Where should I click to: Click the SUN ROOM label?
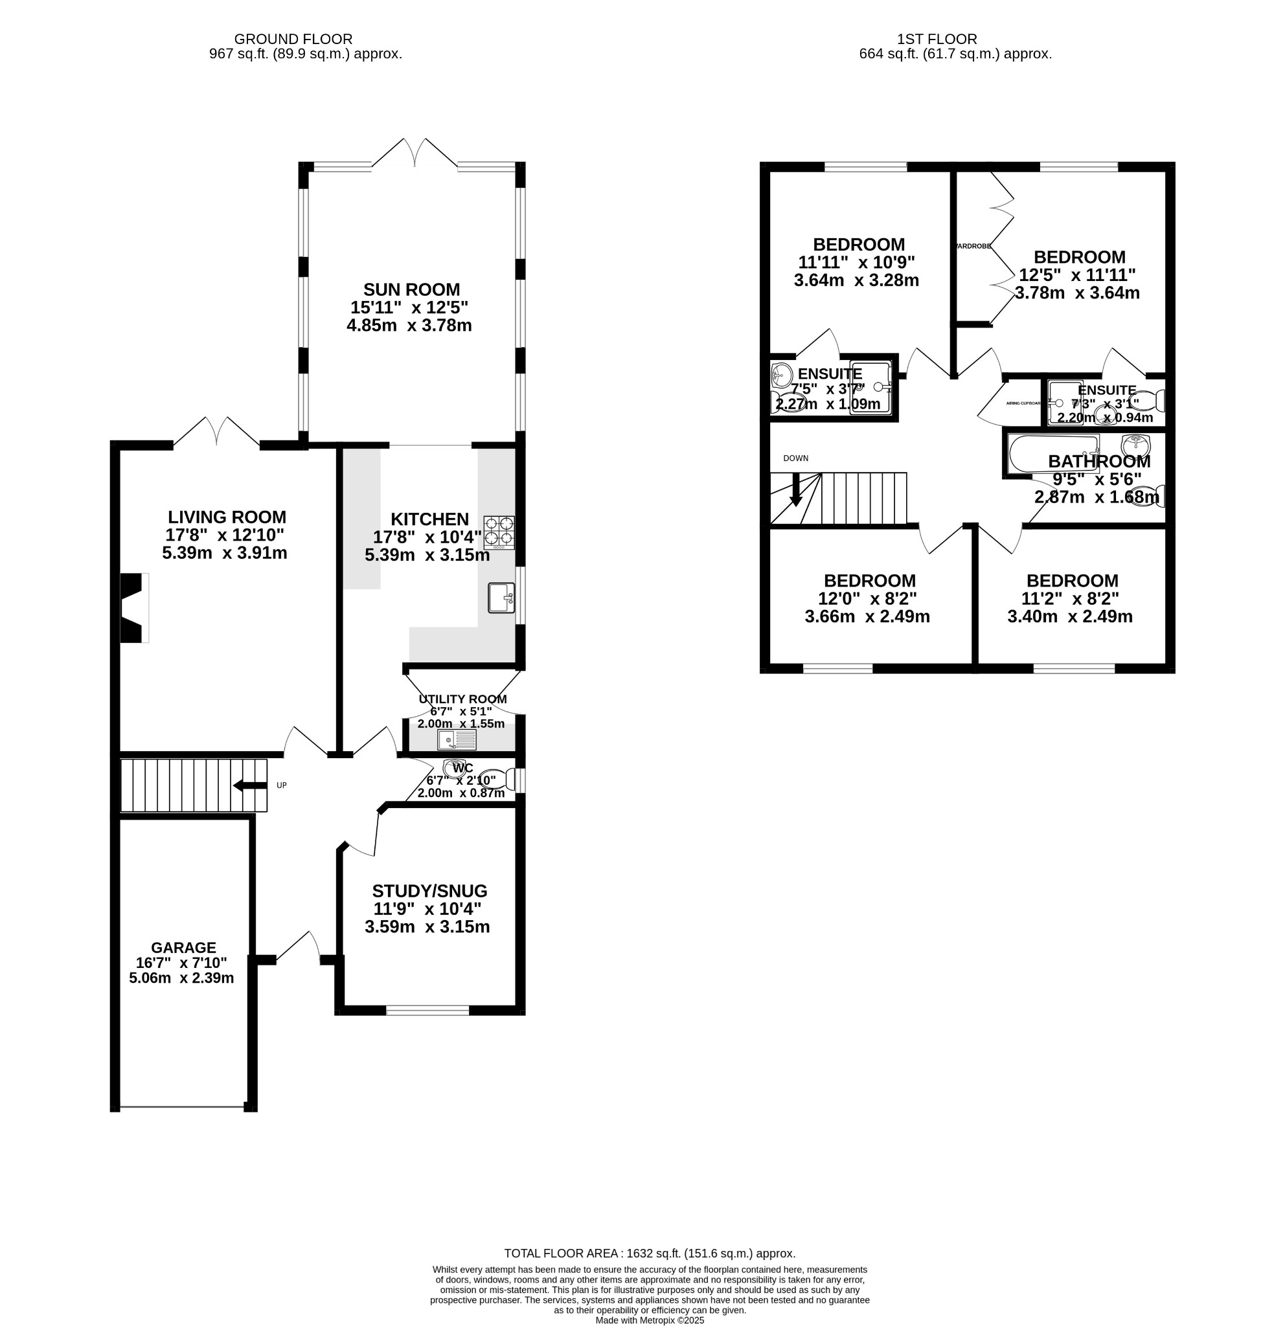pyautogui.click(x=411, y=289)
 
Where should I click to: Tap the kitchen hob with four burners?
pyautogui.click(x=499, y=532)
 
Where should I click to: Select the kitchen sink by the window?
pyautogui.click(x=501, y=598)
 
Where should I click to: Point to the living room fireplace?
pyautogui.click(x=133, y=607)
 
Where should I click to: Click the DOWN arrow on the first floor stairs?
pyautogui.click(x=796, y=490)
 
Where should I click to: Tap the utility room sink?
pyautogui.click(x=457, y=740)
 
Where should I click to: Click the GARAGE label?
pyautogui.click(x=183, y=948)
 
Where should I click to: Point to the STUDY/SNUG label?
pyautogui.click(x=429, y=891)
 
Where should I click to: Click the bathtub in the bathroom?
pyautogui.click(x=1052, y=454)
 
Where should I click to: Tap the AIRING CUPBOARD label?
pyautogui.click(x=1023, y=403)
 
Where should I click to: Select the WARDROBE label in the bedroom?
pyautogui.click(x=973, y=246)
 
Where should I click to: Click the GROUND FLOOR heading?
pyautogui.click(x=293, y=39)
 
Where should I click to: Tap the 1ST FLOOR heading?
pyautogui.click(x=937, y=39)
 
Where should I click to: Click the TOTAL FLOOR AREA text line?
pyautogui.click(x=650, y=1253)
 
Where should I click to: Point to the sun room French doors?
pyautogui.click(x=414, y=154)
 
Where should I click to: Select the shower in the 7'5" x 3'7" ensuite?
pyautogui.click(x=870, y=388)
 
